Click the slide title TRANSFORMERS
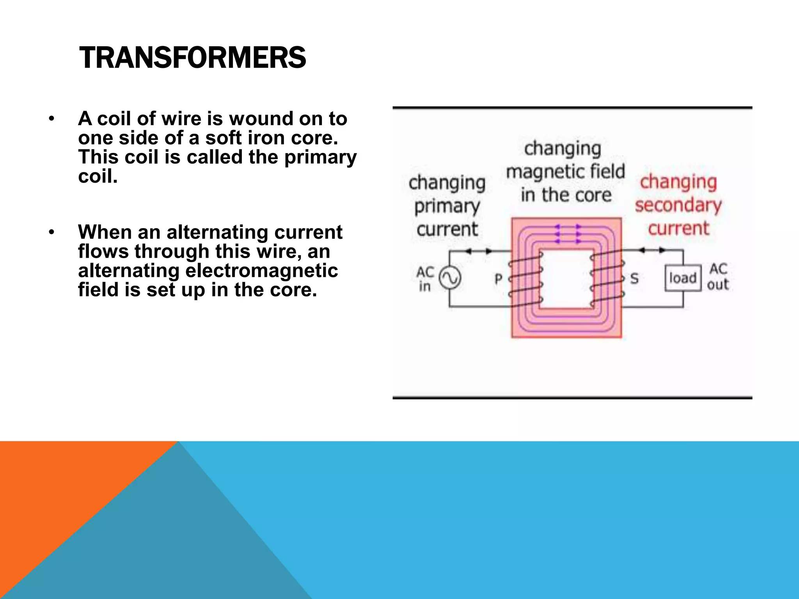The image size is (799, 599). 192,58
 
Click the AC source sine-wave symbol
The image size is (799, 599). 450,278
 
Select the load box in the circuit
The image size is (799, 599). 683,278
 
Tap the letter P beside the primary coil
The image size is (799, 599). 499,279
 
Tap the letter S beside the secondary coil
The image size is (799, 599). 634,278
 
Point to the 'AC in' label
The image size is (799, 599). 425,278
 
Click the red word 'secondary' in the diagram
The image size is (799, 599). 678,205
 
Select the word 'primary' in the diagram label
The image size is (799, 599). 447,206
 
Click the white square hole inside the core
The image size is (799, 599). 566,278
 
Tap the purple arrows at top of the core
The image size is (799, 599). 567,234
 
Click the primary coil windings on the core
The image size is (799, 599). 526,278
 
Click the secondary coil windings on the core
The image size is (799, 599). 607,278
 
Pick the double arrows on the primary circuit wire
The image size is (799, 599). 478,252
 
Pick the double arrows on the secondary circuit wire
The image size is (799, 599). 652,250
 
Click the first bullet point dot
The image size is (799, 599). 51,119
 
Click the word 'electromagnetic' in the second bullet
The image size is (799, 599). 261,271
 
